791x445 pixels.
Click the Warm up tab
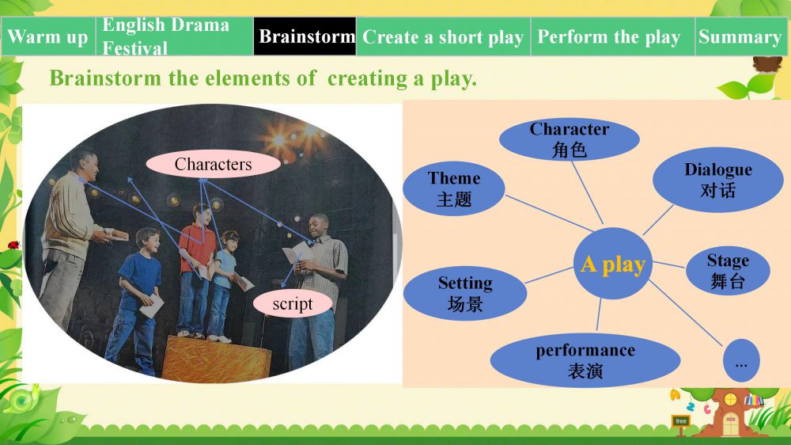[x=48, y=36]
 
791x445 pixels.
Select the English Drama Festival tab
[x=175, y=36]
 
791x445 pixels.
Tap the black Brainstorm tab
[x=305, y=36]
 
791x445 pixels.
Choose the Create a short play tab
[x=444, y=36]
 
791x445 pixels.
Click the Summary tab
[x=740, y=36]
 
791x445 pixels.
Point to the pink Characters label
[x=214, y=164]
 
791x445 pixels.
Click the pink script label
[x=293, y=303]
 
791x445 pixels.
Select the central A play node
[x=613, y=264]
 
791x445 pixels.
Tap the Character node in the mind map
[x=570, y=139]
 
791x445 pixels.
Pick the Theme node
[x=454, y=188]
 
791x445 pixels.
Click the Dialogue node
[x=718, y=180]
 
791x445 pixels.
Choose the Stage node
[x=728, y=271]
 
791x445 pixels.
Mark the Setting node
[x=465, y=294]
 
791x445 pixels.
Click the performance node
[x=585, y=360]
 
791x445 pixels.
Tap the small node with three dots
[x=741, y=360]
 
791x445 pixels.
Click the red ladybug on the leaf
[x=13, y=245]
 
